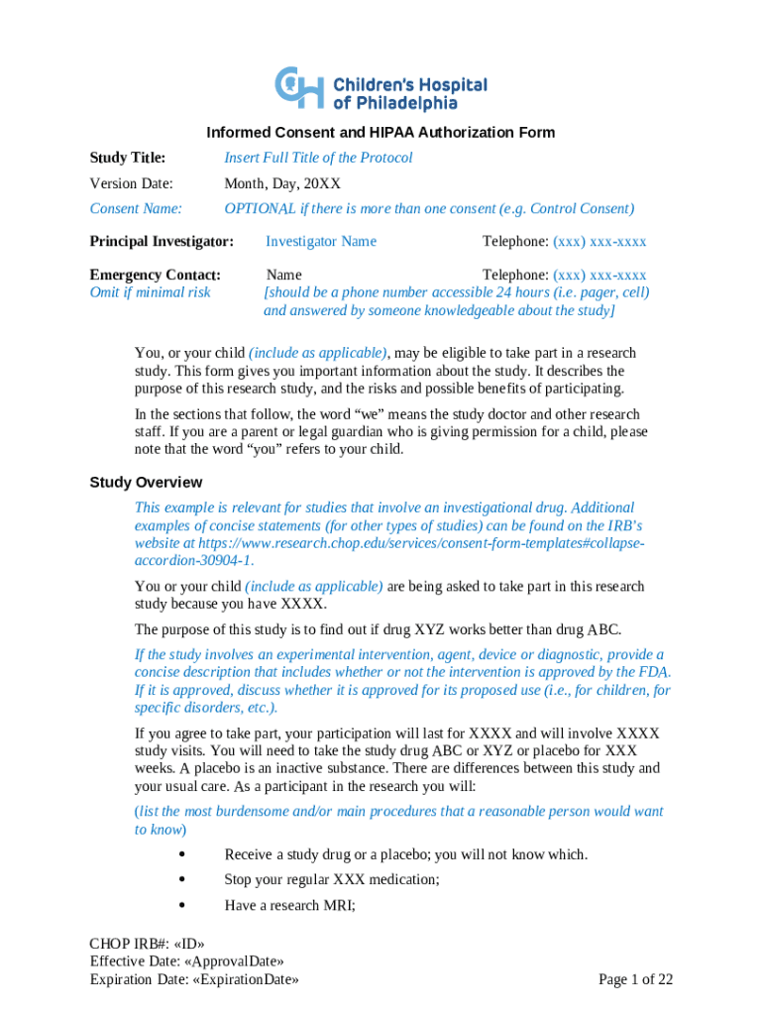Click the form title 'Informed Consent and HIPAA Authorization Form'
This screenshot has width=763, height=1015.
pyautogui.click(x=381, y=132)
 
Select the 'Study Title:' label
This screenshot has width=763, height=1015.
pyautogui.click(x=128, y=158)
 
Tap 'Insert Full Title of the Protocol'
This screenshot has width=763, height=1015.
pyautogui.click(x=318, y=158)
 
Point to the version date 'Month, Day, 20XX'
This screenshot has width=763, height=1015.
pyautogui.click(x=282, y=183)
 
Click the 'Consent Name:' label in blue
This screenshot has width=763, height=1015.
pyautogui.click(x=136, y=208)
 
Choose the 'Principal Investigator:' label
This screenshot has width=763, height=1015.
pyautogui.click(x=162, y=241)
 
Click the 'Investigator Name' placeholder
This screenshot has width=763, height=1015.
pyautogui.click(x=320, y=241)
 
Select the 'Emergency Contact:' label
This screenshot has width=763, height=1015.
pyautogui.click(x=155, y=275)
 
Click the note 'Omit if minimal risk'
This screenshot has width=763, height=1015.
pyautogui.click(x=150, y=292)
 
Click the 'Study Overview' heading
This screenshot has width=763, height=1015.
pyautogui.click(x=146, y=482)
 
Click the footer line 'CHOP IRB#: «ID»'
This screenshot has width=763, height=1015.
pyautogui.click(x=148, y=944)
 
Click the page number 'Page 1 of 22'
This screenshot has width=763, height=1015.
pyautogui.click(x=636, y=979)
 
